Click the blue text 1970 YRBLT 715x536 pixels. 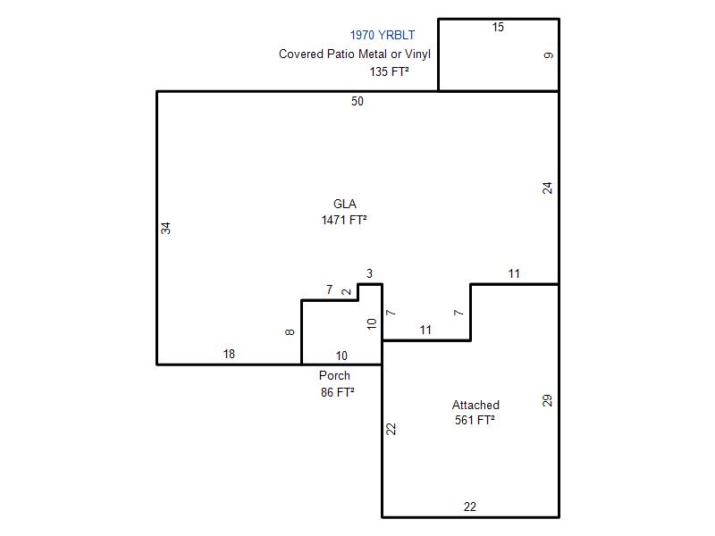[383, 35]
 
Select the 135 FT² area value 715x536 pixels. [389, 71]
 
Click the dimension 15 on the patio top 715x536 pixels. [498, 28]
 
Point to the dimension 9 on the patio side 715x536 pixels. [549, 55]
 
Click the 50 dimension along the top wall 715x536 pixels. [357, 101]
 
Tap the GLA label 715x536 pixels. [345, 204]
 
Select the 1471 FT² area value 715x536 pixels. [344, 220]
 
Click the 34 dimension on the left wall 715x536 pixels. [165, 228]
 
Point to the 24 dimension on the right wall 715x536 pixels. [547, 188]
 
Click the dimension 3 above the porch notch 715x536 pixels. [369, 273]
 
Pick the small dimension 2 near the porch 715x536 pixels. [347, 292]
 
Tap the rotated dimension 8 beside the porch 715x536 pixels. [290, 332]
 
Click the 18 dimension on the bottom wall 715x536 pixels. [229, 354]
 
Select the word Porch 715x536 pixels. [334, 375]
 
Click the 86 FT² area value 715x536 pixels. [338, 392]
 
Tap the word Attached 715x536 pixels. [475, 405]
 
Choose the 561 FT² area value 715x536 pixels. [475, 420]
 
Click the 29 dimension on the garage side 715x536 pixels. [547, 400]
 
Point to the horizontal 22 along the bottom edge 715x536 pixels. [470, 507]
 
